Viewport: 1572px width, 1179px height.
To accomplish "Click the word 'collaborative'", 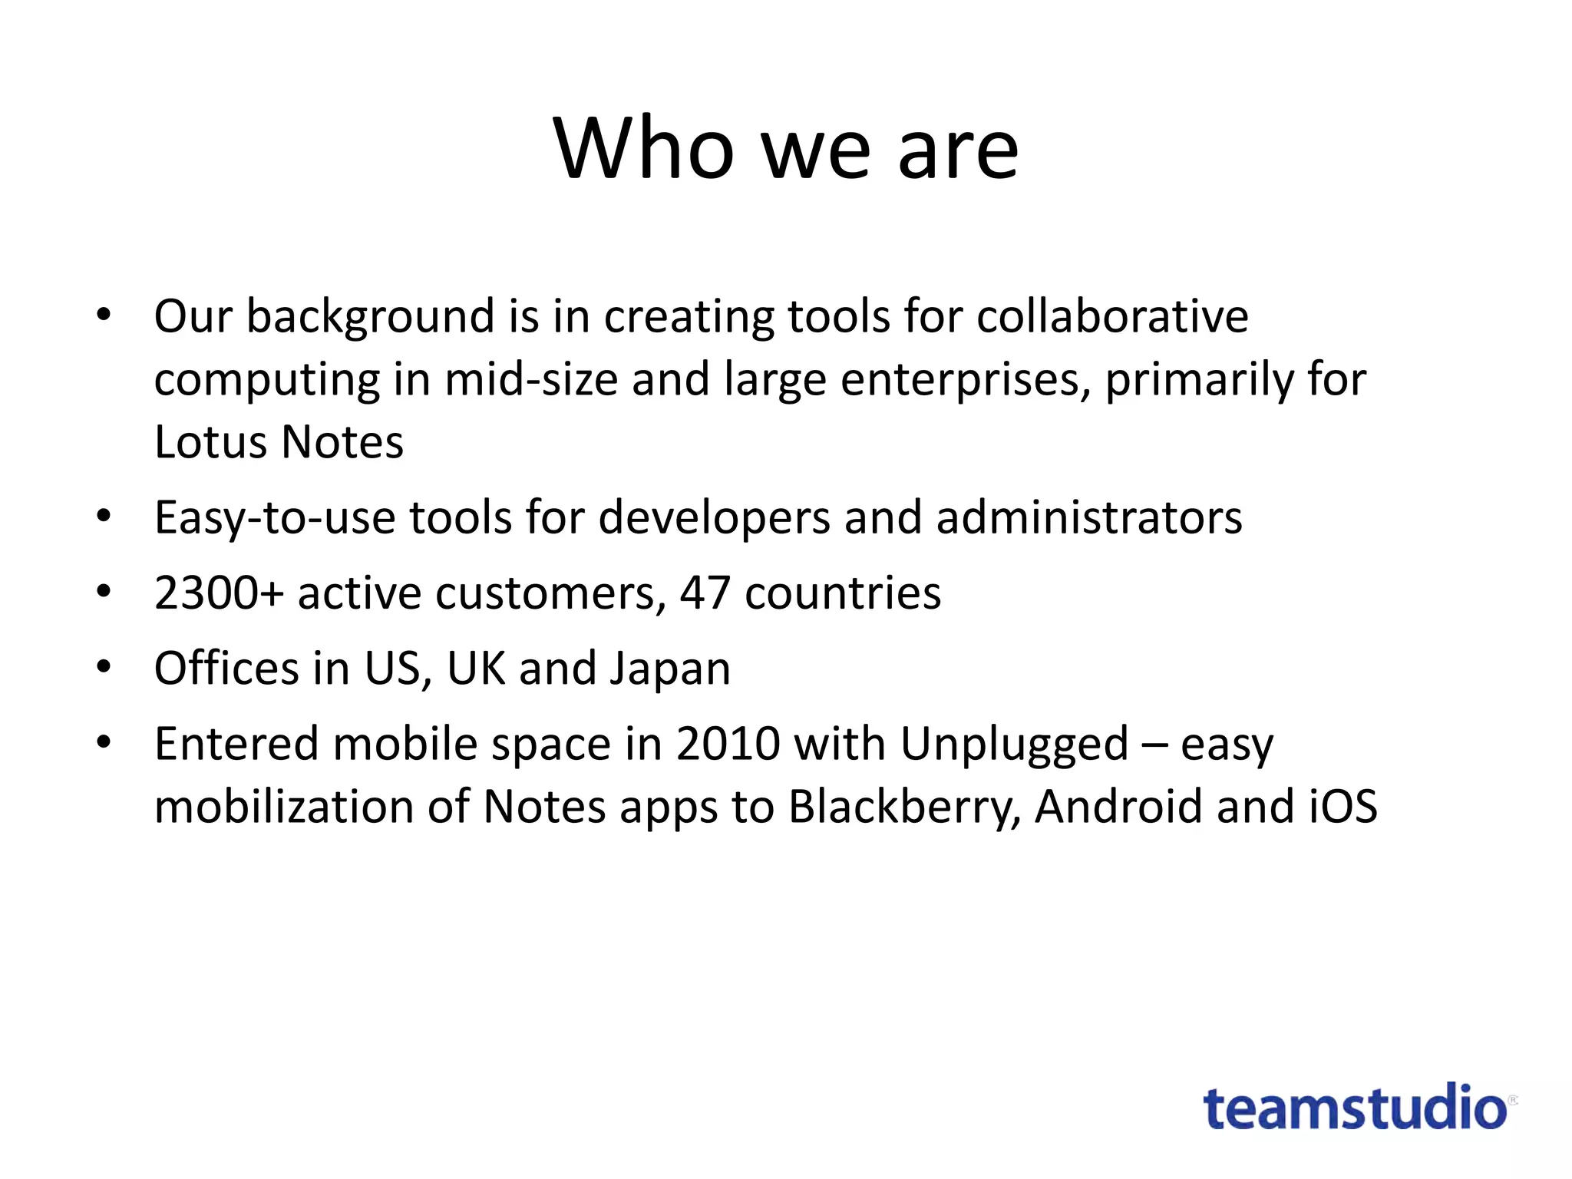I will coord(1112,316).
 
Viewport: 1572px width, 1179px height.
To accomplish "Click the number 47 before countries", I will coord(705,593).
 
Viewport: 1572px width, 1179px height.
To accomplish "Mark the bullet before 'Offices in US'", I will coord(104,666).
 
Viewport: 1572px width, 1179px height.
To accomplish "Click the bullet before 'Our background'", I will coord(104,315).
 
